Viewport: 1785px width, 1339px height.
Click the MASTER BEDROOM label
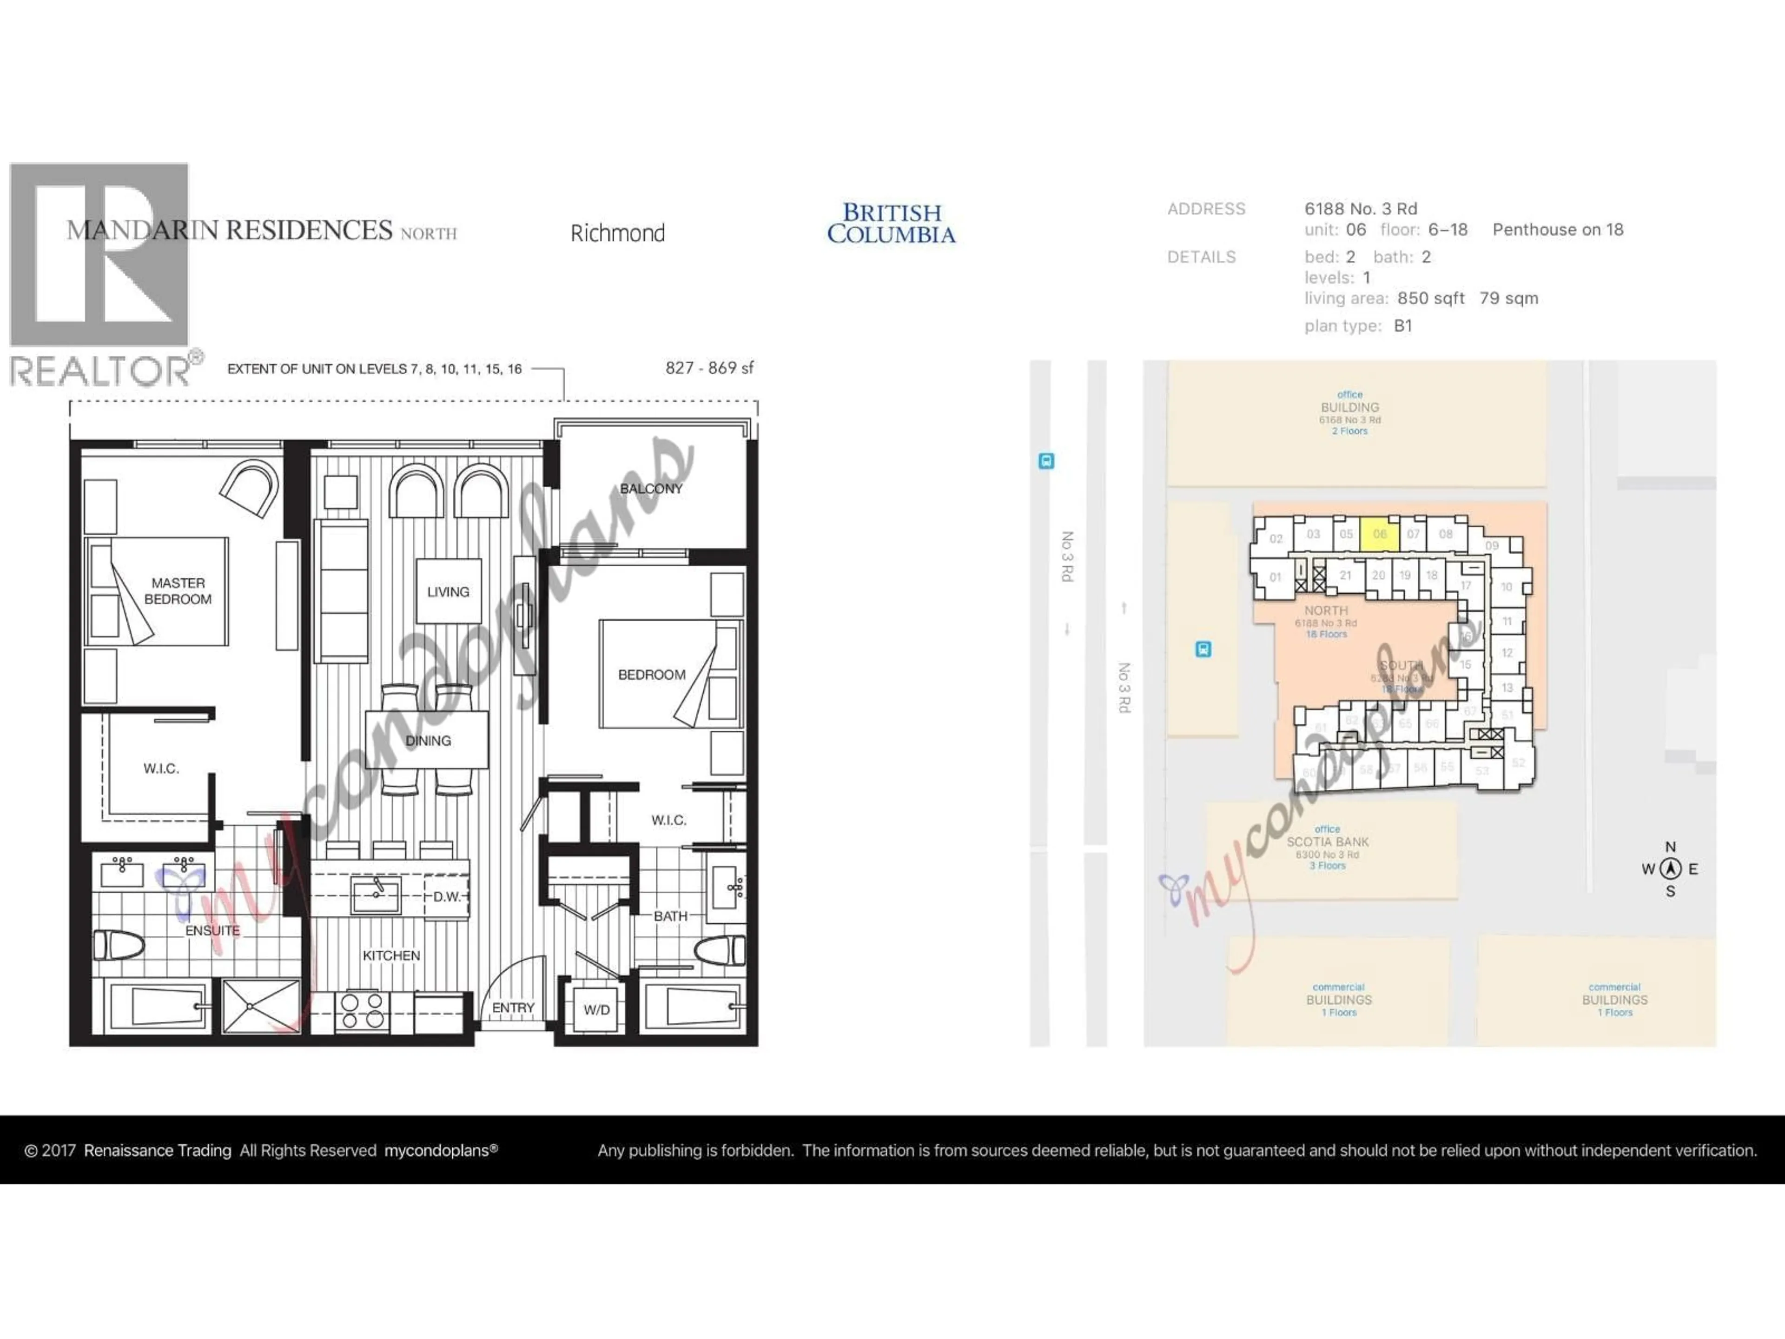click(178, 591)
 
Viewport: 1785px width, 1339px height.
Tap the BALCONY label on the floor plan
click(650, 488)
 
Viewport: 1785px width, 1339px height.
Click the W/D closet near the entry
click(596, 1009)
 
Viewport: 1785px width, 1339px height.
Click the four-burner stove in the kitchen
click(362, 1010)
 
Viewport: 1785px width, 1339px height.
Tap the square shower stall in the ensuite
click(260, 1006)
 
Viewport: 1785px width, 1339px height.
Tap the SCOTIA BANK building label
click(1328, 842)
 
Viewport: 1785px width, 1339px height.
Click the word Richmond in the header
click(617, 233)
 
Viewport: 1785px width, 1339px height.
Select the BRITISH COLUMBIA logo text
click(891, 224)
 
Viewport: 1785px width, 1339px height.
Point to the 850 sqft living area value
click(1430, 298)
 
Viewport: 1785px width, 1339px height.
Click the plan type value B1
click(1402, 326)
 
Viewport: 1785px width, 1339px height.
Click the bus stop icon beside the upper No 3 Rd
click(1046, 462)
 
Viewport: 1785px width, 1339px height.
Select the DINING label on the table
click(428, 740)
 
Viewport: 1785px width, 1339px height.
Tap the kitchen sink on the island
click(375, 894)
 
